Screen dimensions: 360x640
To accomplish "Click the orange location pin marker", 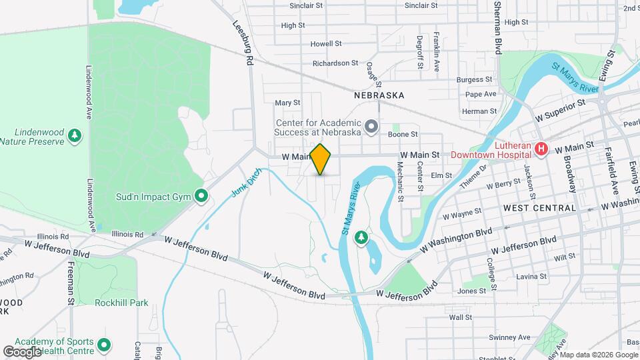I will (x=321, y=159).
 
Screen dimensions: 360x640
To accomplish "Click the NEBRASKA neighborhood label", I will (x=379, y=95).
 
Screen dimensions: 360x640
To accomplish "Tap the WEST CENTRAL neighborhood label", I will (x=539, y=208).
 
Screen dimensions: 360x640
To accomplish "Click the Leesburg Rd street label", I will (x=245, y=41).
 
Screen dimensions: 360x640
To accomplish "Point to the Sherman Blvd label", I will (x=497, y=27).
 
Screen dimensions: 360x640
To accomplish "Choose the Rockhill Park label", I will (x=121, y=303).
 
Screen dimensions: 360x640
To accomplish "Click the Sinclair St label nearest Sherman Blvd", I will (x=421, y=5).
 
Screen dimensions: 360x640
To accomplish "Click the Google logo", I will (x=22, y=351).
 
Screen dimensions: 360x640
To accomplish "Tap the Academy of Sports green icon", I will (x=103, y=345).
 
